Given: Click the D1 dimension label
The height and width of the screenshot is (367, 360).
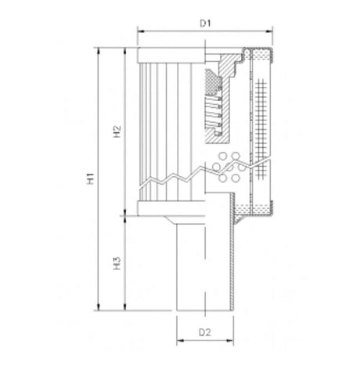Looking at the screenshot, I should [205, 23].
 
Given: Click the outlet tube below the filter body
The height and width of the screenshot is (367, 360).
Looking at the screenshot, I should [205, 266].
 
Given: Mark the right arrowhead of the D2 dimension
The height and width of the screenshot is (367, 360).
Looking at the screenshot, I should [232, 341].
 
